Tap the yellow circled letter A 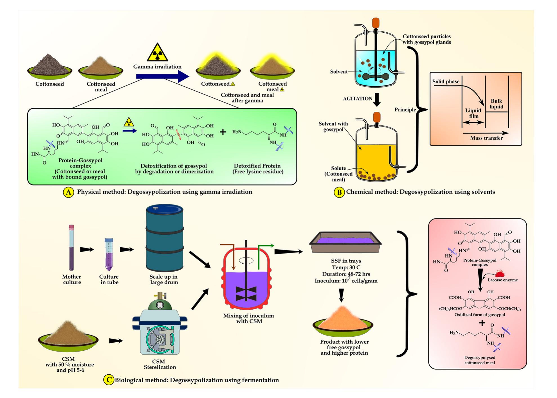pos(68,192)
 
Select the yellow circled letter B pos(339,192)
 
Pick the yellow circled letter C pos(108,380)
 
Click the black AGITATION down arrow pos(377,100)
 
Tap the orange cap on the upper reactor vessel pos(376,23)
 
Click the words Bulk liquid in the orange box pos(496,104)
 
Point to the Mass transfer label pos(486,138)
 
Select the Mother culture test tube pos(71,248)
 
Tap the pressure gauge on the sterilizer pos(160,305)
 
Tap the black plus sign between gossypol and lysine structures pos(223,132)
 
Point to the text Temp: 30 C pos(346,267)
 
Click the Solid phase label pos(446,82)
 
